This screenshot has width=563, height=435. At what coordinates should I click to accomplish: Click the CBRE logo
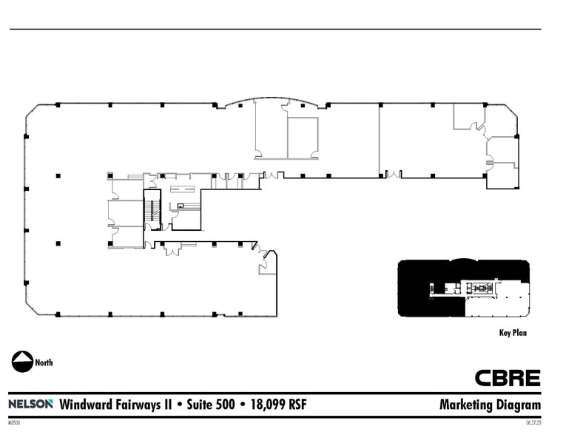507,378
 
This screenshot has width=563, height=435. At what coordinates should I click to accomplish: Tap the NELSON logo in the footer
30,404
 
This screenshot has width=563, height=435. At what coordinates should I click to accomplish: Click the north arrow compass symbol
22,362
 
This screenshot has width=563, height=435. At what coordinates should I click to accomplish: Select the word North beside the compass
44,362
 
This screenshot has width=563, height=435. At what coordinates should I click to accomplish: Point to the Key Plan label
513,333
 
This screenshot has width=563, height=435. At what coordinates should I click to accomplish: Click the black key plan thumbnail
463,288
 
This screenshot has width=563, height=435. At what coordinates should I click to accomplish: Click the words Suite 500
211,405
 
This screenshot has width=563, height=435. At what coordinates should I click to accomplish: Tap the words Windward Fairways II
115,405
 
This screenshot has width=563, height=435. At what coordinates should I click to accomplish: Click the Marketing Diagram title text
490,405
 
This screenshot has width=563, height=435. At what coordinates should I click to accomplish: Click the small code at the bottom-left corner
14,423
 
